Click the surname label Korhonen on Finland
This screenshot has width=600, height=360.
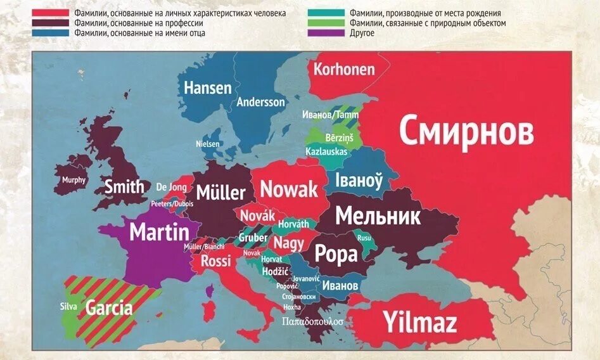pyautogui.click(x=344, y=69)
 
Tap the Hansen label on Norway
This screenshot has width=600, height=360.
pyautogui.click(x=208, y=87)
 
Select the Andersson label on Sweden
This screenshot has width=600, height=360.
pyautogui.click(x=261, y=102)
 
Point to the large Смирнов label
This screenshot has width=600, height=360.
pyautogui.click(x=466, y=132)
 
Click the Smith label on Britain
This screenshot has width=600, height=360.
pyautogui.click(x=124, y=186)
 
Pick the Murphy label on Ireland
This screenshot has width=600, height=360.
pyautogui.click(x=73, y=180)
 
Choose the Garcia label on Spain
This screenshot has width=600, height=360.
pyautogui.click(x=109, y=309)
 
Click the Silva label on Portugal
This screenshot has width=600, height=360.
pyautogui.click(x=68, y=307)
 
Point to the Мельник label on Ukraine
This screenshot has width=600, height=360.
pyautogui.click(x=378, y=216)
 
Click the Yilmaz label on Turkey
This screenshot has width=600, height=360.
pyautogui.click(x=419, y=323)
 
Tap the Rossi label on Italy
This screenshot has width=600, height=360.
pyautogui.click(x=216, y=260)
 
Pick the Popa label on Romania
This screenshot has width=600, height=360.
pyautogui.click(x=336, y=254)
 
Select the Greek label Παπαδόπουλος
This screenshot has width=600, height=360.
pyautogui.click(x=313, y=321)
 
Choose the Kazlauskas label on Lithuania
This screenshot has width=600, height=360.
pyautogui.click(x=326, y=152)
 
